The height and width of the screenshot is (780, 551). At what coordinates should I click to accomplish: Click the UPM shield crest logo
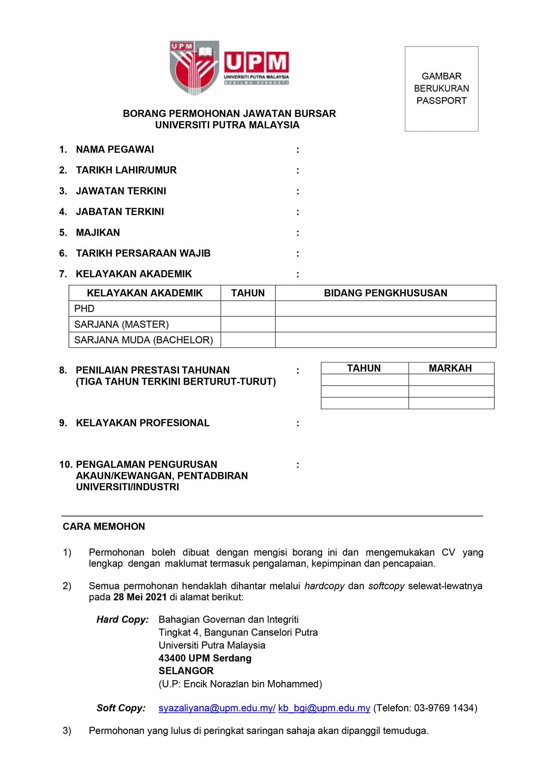click(194, 68)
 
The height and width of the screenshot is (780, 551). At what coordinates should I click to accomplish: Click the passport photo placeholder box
click(441, 89)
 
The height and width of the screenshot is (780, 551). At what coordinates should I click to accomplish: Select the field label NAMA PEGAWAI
click(115, 150)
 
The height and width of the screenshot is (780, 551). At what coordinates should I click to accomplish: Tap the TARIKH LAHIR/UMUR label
click(126, 170)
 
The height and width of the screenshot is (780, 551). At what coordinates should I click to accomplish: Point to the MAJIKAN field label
click(98, 233)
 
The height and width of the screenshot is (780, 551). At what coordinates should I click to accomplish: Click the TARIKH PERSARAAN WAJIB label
click(143, 253)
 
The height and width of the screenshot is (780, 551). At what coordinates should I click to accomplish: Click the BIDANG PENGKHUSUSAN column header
click(385, 293)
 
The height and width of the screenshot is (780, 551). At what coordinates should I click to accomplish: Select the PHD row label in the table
click(84, 308)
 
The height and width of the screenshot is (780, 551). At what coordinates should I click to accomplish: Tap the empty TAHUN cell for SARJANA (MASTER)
click(248, 324)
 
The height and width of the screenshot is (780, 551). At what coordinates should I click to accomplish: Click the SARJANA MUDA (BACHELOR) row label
click(143, 340)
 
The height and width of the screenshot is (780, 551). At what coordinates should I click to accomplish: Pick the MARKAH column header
click(450, 368)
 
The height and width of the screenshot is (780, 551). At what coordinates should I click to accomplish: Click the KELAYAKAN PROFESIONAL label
click(143, 423)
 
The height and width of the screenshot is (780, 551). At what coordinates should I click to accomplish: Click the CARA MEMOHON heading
click(104, 526)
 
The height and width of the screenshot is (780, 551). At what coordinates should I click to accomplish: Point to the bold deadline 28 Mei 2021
click(140, 597)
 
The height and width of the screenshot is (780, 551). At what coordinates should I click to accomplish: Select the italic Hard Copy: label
click(123, 620)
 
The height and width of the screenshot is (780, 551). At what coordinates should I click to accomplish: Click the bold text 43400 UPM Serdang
click(205, 658)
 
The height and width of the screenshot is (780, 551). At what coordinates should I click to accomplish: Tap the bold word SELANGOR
click(186, 671)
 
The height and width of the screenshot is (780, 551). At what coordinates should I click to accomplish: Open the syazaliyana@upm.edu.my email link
click(217, 708)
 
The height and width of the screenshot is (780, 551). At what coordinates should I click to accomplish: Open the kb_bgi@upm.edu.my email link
click(324, 708)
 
